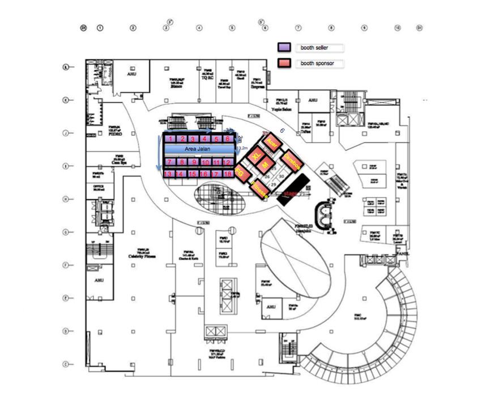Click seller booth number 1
(x=169, y=139)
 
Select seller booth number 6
(x=228, y=139)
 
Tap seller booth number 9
(x=193, y=162)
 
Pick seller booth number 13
(x=169, y=174)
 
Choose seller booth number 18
(x=228, y=174)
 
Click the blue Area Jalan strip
(x=198, y=148)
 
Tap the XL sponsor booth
(x=256, y=155)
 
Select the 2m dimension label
(x=240, y=139)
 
